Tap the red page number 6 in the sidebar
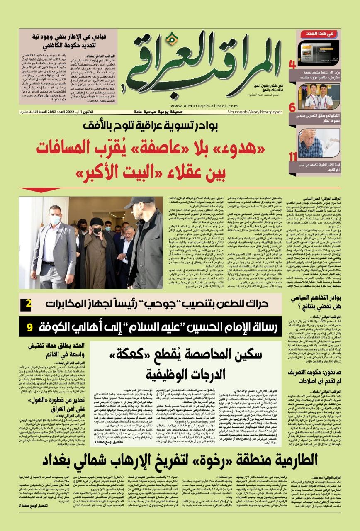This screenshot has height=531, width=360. point(292,107)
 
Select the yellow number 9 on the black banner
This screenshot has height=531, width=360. point(30,327)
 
